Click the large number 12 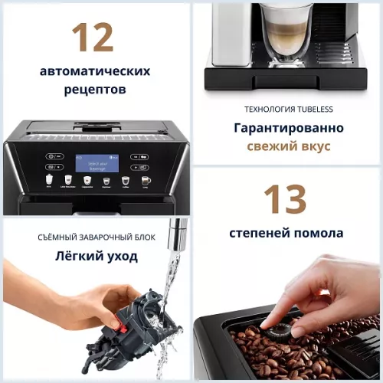click(x=93, y=38)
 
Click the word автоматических click(x=95, y=71)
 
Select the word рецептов click(x=94, y=90)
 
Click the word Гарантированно click(x=289, y=128)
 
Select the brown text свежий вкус click(x=288, y=146)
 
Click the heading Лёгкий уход click(x=97, y=256)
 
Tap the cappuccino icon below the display click(x=87, y=182)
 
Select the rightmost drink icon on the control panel click(x=146, y=181)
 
